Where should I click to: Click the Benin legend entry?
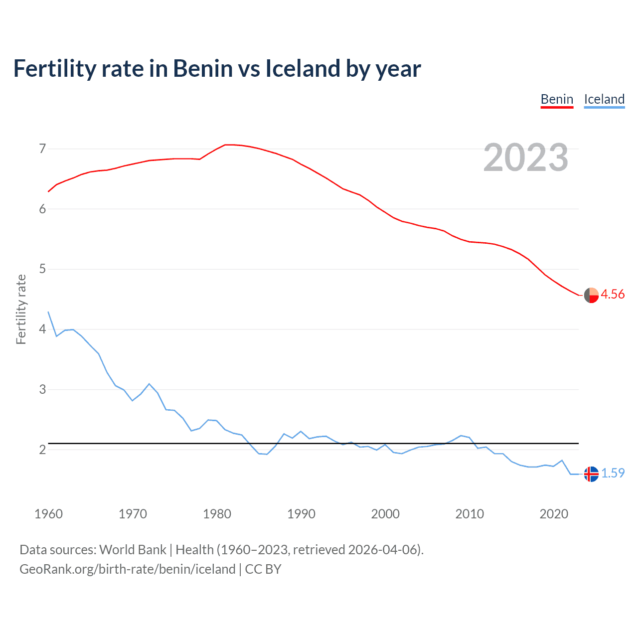tap(557, 99)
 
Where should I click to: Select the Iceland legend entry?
tap(604, 99)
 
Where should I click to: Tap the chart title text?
tap(217, 68)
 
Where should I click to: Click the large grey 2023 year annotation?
tap(526, 158)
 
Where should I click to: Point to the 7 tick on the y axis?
tap(42, 149)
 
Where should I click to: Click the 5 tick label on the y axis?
tap(42, 269)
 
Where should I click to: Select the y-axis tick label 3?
tap(42, 389)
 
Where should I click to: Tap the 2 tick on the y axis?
tap(42, 450)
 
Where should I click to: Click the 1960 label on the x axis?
tap(48, 514)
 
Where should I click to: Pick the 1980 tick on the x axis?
tap(217, 514)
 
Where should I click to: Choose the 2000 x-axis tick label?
tap(385, 514)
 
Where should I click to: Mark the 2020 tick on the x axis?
tap(554, 514)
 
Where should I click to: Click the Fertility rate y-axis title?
tap(21, 309)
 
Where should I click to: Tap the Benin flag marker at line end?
tap(591, 295)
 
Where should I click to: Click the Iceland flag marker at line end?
tap(591, 474)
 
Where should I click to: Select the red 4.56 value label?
tap(613, 295)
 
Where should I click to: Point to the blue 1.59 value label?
tap(613, 473)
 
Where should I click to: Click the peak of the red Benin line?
tap(227, 145)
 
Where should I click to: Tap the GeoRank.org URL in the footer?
tap(127, 569)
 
